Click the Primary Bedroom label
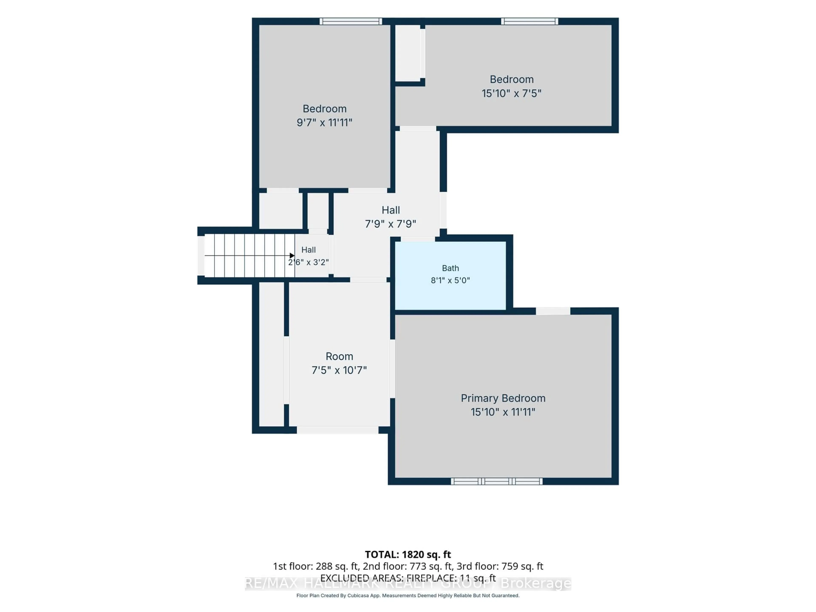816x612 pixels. pyautogui.click(x=503, y=398)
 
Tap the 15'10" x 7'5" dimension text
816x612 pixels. pyautogui.click(x=511, y=93)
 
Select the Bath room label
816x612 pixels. pyautogui.click(x=450, y=268)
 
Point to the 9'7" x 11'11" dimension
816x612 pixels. pyautogui.click(x=325, y=122)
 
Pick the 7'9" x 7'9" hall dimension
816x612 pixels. pyautogui.click(x=391, y=224)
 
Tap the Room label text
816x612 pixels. pyautogui.click(x=339, y=356)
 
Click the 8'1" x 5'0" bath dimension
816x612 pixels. pyautogui.click(x=450, y=280)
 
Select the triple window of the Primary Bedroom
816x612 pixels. pyautogui.click(x=497, y=481)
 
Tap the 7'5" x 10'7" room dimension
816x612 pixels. pyautogui.click(x=339, y=370)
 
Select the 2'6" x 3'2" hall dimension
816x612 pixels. pyautogui.click(x=308, y=262)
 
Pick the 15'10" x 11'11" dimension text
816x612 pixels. pyautogui.click(x=503, y=412)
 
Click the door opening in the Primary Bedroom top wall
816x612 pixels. pyautogui.click(x=553, y=311)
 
